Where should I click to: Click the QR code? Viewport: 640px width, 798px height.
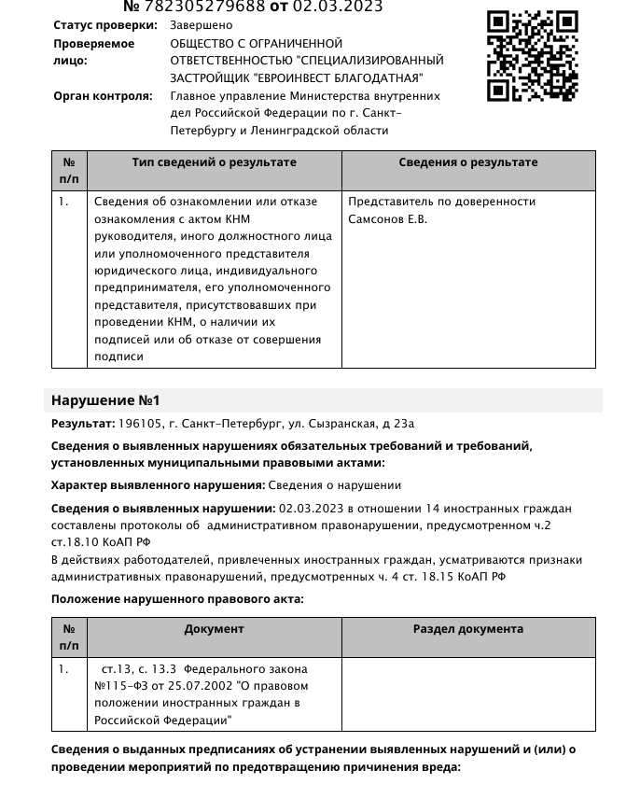532,55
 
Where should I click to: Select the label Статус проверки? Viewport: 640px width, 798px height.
104,26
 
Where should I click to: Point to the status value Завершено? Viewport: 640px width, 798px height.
201,26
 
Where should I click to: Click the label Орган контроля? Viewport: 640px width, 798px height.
102,96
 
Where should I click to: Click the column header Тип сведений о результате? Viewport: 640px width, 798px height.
214,162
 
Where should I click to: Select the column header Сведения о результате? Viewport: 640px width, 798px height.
467,162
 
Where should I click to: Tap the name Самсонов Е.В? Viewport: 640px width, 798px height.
387,219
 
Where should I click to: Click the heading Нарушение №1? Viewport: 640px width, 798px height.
105,400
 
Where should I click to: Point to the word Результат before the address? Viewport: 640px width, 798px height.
82,424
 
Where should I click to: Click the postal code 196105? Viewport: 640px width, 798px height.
137,424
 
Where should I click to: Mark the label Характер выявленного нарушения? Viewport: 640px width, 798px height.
158,485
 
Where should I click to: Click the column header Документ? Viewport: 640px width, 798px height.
214,629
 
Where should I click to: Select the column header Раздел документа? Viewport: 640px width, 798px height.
467,629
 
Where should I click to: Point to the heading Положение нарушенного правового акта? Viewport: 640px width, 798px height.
177,599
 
